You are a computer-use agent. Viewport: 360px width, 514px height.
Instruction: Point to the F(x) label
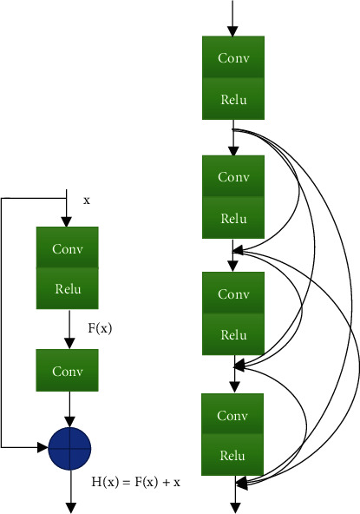pos(101,329)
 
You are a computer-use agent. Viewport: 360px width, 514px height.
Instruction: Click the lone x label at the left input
pos(87,201)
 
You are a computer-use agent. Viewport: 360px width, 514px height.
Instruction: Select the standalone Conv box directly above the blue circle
pos(68,371)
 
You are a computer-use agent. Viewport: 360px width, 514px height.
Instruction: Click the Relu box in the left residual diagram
pos(68,288)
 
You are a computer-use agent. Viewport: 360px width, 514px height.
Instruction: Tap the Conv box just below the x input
pos(68,248)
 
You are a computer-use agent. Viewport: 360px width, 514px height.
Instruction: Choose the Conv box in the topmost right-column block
pos(232,58)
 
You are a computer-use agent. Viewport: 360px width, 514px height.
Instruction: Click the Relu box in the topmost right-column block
pos(232,99)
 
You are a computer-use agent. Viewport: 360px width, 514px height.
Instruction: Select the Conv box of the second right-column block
pos(232,177)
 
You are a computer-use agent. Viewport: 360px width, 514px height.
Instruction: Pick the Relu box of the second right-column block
pos(232,218)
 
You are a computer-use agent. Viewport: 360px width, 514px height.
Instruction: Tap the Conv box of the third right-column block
pos(232,294)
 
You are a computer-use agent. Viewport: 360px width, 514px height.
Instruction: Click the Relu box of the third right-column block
pos(232,335)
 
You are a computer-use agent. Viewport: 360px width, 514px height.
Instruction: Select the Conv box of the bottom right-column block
pos(232,414)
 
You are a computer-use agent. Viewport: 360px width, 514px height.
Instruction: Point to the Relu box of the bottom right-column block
pos(232,454)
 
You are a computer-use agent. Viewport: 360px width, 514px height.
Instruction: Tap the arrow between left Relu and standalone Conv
pos(68,328)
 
